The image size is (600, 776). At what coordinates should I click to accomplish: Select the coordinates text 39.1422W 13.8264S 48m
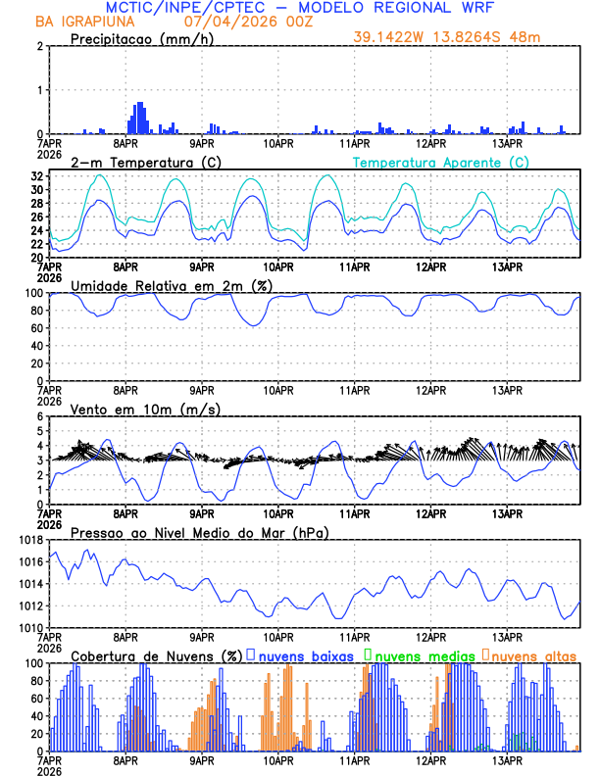(447, 37)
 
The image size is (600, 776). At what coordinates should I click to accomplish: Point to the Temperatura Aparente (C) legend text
(440, 162)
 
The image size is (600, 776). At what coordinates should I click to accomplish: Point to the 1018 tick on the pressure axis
(29, 540)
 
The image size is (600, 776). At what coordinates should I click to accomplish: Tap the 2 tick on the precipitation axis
(39, 46)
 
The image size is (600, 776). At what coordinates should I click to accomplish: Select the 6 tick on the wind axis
(39, 416)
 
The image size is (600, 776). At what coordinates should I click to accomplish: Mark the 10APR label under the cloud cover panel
(278, 760)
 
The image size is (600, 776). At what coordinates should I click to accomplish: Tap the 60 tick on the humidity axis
(35, 328)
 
